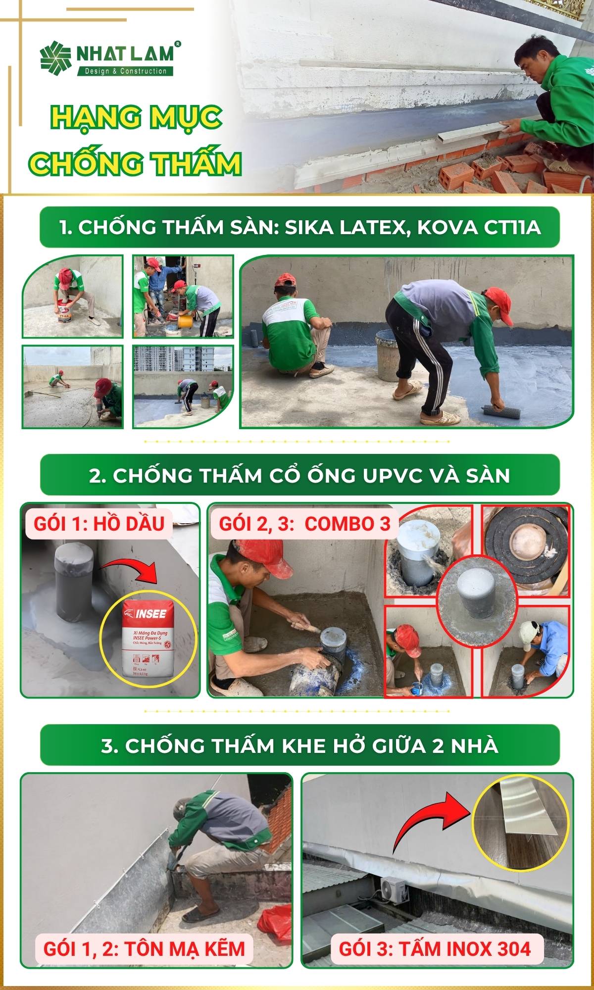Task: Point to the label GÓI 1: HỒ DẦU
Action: [99, 523]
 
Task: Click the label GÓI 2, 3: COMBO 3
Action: [304, 523]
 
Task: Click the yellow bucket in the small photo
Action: [186, 322]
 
